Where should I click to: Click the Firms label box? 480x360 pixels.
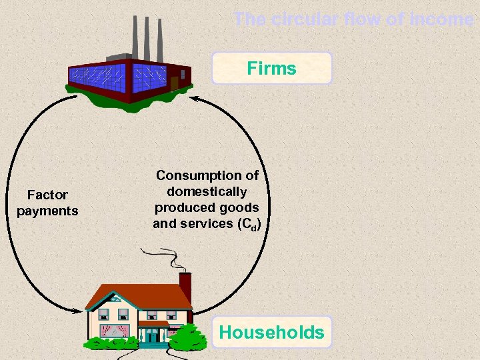pos(271,68)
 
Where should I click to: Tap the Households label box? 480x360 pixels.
pos(271,332)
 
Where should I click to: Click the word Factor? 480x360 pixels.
pos(47,195)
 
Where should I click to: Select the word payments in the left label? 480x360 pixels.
pos(47,211)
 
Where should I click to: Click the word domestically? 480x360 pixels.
pos(207,191)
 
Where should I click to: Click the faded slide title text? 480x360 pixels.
pos(353,19)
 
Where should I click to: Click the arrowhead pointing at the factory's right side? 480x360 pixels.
pos(195,100)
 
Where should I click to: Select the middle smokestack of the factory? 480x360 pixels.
pos(146,37)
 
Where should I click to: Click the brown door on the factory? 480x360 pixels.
pos(174,83)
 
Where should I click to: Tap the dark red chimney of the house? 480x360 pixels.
pos(185,285)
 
